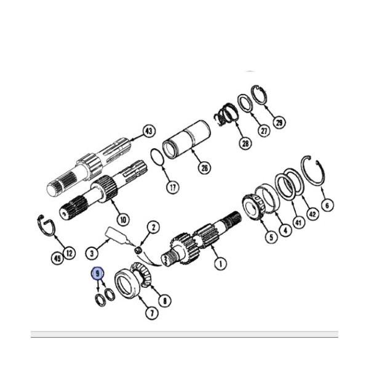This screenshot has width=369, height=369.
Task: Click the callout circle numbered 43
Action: point(149,132)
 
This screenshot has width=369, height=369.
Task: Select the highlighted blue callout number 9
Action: point(97,274)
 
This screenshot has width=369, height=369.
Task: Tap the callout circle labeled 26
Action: point(205,167)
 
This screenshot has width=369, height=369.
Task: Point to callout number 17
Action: point(173,188)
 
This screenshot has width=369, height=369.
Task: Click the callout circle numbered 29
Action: point(279,122)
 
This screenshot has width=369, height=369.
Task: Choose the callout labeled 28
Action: point(245,143)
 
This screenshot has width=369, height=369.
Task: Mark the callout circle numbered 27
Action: point(264,131)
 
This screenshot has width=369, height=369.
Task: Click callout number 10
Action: point(124,220)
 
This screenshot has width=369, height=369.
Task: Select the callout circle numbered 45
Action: point(57,258)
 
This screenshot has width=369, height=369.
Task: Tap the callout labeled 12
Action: point(69,253)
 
